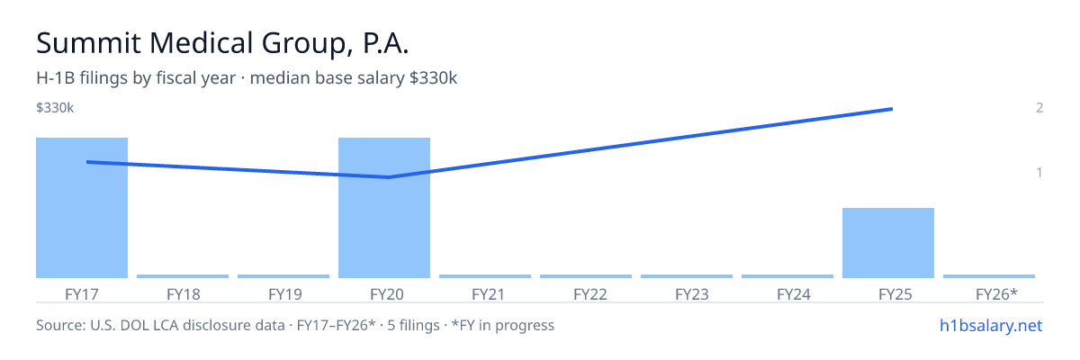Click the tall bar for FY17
tap(82, 208)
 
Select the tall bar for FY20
tap(384, 208)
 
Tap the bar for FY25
tap(888, 243)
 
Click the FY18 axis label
tap(184, 294)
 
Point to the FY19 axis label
tap(285, 294)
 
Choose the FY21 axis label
tap(488, 294)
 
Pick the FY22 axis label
tap(590, 294)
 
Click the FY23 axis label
tap(692, 294)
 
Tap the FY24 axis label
tap(794, 294)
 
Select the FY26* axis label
tap(996, 294)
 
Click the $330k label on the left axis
tap(55, 107)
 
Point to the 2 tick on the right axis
tap(1039, 107)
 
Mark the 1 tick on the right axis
tap(1039, 172)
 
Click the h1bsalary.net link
tap(991, 325)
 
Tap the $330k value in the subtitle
tap(433, 77)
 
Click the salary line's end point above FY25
tap(893, 109)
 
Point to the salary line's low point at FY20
tap(389, 177)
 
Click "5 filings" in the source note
tap(414, 325)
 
